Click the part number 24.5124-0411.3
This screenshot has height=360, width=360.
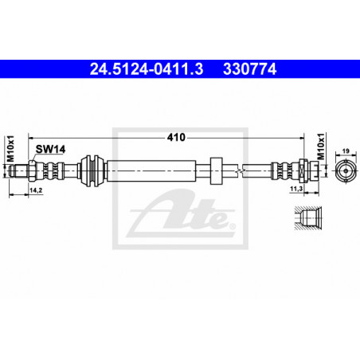[147, 69]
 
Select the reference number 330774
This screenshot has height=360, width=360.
[250, 69]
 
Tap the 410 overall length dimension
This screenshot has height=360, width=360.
[176, 137]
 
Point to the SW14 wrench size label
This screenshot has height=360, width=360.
[50, 149]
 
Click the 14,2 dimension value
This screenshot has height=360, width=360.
[36, 190]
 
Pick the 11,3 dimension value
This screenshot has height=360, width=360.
[296, 189]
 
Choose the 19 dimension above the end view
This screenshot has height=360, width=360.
[346, 151]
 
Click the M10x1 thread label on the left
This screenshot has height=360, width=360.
[10, 149]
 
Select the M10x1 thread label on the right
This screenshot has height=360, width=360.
[321, 147]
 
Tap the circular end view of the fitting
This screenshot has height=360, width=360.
[346, 170]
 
